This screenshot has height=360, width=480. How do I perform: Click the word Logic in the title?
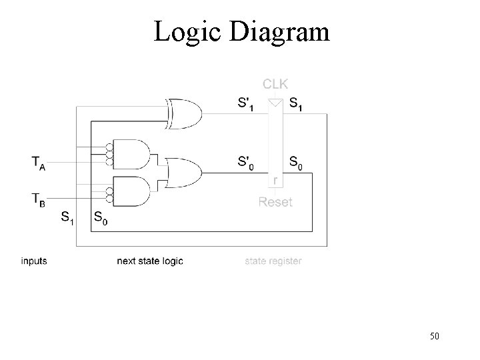(x=188, y=32)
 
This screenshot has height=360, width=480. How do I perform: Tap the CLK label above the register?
(x=275, y=84)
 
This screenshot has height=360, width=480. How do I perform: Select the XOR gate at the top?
(x=185, y=113)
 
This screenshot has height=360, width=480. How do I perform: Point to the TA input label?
(x=39, y=162)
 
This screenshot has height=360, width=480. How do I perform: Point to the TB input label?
(x=39, y=199)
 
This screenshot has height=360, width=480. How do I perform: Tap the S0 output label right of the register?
(x=296, y=162)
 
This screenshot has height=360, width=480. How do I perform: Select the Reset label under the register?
(x=275, y=201)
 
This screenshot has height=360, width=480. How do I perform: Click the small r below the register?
(x=275, y=181)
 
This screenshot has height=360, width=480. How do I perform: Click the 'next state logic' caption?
(x=149, y=261)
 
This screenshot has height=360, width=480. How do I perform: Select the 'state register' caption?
(x=273, y=261)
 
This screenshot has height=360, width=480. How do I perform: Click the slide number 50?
(x=434, y=336)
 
